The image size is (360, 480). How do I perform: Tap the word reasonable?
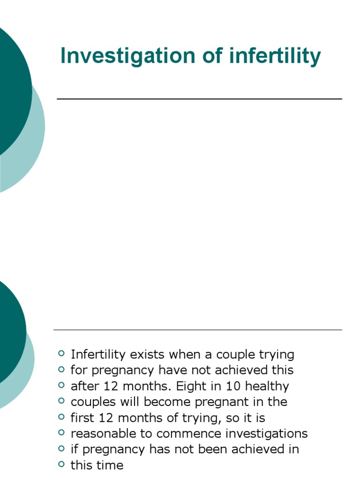point(102,434)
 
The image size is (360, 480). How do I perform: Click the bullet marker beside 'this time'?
point(61,465)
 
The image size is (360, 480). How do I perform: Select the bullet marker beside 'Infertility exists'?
point(61,353)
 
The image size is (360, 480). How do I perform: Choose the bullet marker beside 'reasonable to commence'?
point(61,433)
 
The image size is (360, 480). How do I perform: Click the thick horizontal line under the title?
point(199,99)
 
